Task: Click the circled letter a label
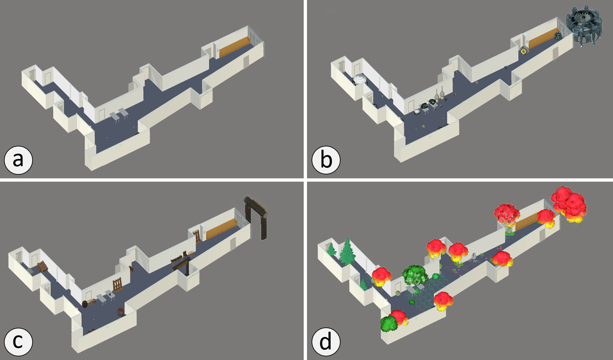[x=18, y=160]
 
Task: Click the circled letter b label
[x=326, y=160]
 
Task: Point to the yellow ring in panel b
[x=523, y=51]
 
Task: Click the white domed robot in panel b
[x=359, y=80]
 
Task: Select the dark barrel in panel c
[x=85, y=304]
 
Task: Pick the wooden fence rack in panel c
[x=117, y=285]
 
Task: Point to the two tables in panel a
[x=119, y=115]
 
